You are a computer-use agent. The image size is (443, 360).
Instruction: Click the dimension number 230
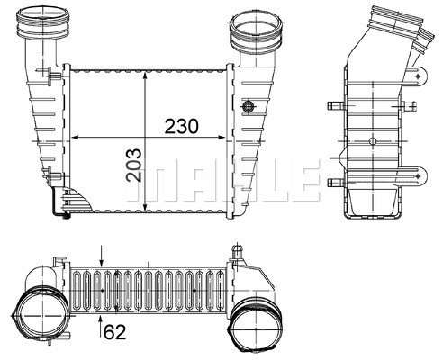coord(183,127)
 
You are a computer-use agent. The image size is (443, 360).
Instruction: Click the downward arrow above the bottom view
coord(102,261)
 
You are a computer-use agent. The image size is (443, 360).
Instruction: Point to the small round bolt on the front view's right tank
coord(248,106)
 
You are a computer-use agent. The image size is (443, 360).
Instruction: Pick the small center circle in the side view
coord(374,142)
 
